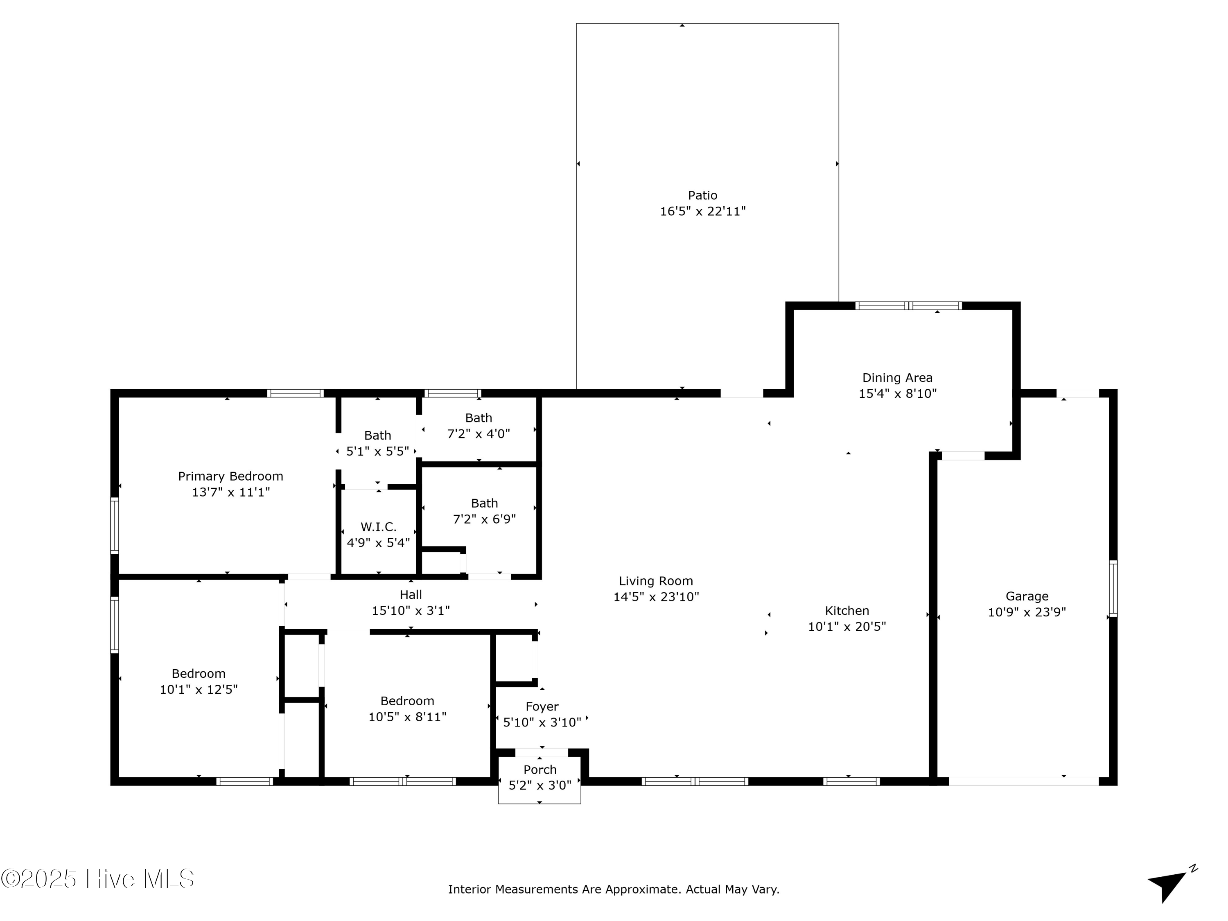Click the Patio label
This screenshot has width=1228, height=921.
pyautogui.click(x=702, y=195)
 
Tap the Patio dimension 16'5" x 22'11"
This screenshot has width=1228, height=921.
pyautogui.click(x=702, y=212)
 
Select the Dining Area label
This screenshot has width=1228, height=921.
pyautogui.click(x=897, y=378)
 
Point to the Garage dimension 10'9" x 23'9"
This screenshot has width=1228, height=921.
pyautogui.click(x=1027, y=612)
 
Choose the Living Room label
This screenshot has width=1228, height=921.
pyautogui.click(x=656, y=581)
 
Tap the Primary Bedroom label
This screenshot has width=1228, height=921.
pyautogui.click(x=230, y=476)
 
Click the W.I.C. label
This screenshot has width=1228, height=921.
pyautogui.click(x=378, y=527)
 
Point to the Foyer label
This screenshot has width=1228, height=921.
pyautogui.click(x=542, y=707)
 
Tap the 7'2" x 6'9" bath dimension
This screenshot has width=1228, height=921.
pyautogui.click(x=484, y=519)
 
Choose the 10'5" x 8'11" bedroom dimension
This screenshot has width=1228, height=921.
pyautogui.click(x=407, y=717)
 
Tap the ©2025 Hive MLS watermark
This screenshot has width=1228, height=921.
pyautogui.click(x=98, y=879)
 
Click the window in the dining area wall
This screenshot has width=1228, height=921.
pyautogui.click(x=908, y=305)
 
